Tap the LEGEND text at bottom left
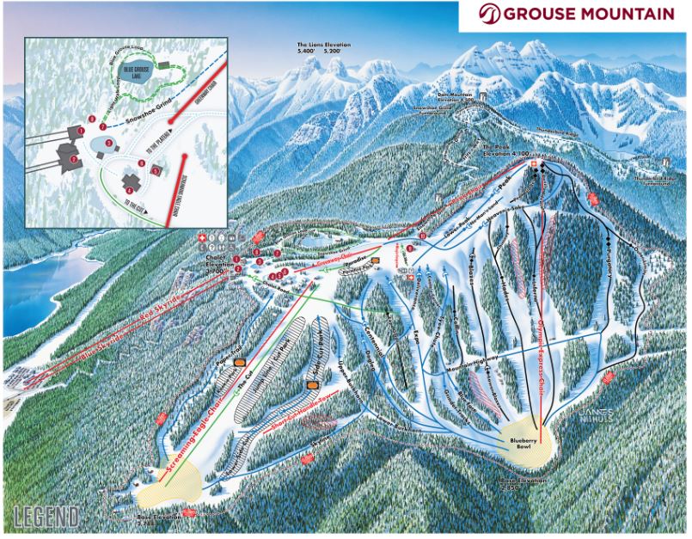47,518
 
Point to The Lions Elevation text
320,46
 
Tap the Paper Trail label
225,358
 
